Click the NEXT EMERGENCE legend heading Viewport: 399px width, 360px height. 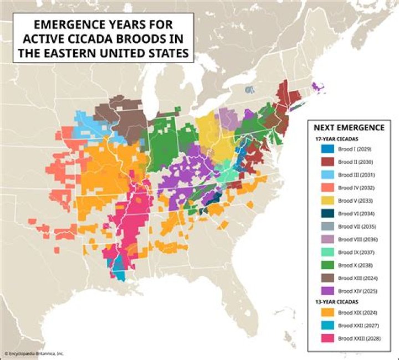349,127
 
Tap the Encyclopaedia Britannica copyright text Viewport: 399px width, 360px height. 34,353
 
